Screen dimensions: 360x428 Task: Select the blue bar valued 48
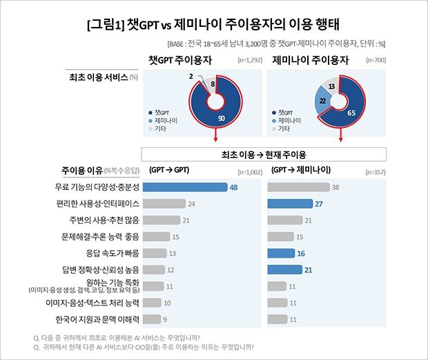[x=186, y=187]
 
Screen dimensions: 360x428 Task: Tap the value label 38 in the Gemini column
[x=335, y=187]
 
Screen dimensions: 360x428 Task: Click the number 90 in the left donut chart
[x=221, y=118]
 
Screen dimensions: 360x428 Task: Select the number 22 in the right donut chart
[x=322, y=101]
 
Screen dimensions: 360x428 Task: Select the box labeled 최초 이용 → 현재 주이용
[x=263, y=153]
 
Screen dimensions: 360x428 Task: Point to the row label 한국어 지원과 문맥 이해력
[x=97, y=319]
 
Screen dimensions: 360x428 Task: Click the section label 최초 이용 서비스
[x=98, y=77]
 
